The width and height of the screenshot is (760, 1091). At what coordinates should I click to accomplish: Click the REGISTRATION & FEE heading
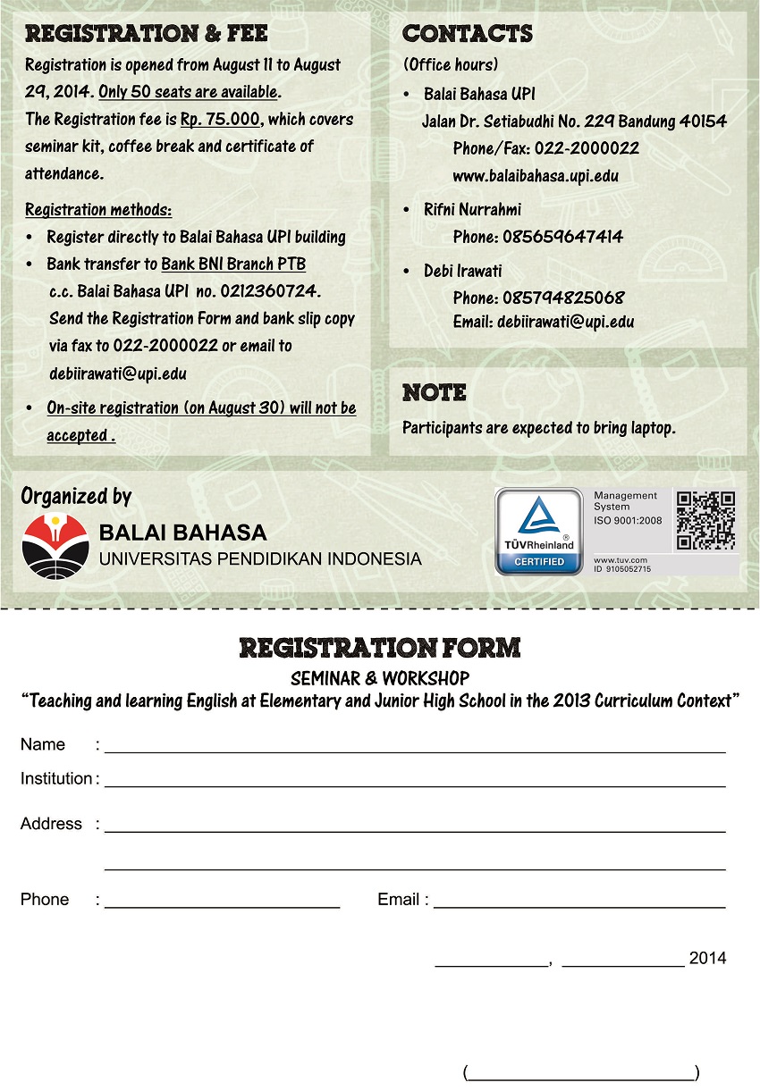point(146,34)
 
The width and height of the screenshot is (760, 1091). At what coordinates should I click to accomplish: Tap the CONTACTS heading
point(468,34)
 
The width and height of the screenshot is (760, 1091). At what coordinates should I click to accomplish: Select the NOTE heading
point(435,392)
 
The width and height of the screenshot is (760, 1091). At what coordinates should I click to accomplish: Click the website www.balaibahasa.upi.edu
point(536,176)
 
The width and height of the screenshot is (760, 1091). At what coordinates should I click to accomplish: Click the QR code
point(705,520)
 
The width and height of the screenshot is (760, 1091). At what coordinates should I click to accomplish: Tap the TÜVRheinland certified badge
point(539,531)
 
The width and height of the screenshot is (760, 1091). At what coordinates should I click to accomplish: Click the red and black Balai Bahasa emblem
point(55,546)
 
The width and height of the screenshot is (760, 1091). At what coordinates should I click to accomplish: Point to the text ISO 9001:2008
point(628,520)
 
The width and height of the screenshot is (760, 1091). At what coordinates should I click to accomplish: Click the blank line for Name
point(415,751)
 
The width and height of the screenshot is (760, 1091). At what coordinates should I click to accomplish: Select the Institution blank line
point(415,785)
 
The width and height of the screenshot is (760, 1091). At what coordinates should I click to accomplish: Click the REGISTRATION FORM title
point(380,648)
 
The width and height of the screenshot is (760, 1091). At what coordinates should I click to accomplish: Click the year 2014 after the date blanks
point(707,959)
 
